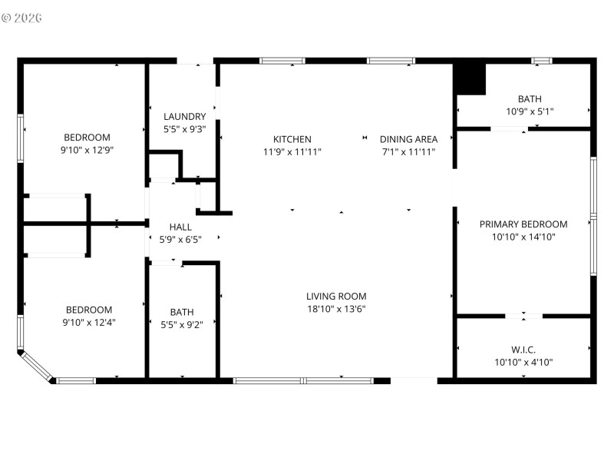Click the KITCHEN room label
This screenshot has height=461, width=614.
tap(292, 139)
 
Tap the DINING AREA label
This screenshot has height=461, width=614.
tap(408, 139)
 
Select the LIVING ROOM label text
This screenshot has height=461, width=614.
tap(336, 296)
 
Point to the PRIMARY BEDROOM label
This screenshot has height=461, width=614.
tap(523, 224)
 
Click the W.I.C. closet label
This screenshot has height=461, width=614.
tap(523, 350)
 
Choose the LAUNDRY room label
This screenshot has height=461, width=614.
tap(184, 117)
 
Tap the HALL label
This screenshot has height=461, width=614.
tap(180, 227)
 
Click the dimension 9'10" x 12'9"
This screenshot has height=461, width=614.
tap(87, 151)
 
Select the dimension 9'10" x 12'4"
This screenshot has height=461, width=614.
tap(88, 323)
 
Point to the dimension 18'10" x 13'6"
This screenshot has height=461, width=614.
tap(336, 309)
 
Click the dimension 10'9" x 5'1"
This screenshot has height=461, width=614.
tap(529, 111)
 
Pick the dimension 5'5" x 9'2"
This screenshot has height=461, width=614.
tap(182, 324)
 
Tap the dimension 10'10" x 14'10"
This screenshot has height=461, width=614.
tap(523, 237)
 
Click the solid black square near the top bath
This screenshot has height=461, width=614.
tap(470, 79)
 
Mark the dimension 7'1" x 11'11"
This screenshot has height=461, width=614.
tap(408, 152)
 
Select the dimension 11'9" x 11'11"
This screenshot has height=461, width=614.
tap(292, 152)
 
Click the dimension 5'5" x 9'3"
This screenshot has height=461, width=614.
tap(184, 130)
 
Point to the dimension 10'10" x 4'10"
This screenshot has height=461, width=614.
tap(523, 363)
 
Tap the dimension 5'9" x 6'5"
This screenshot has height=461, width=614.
tap(180, 240)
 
